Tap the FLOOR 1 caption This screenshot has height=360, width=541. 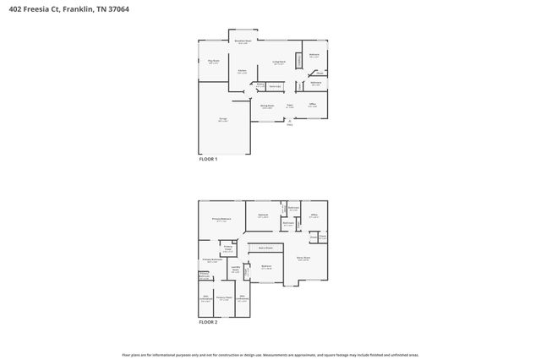208,159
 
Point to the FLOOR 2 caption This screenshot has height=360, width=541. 208,322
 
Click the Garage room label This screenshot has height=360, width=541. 223,120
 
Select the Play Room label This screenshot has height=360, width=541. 214,62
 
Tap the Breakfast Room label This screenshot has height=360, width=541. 243,41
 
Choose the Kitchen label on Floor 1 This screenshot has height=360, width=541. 242,72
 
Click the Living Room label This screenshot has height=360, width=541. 278,63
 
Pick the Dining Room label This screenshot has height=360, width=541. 266,106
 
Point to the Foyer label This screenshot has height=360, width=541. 289,106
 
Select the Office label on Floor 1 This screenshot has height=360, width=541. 313,106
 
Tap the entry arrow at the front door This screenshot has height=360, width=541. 289,121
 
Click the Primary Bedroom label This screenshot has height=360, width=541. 221,219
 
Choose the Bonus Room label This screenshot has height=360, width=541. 303,258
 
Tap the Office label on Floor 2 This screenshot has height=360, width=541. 313,216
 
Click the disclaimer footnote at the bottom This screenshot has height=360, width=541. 270,355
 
